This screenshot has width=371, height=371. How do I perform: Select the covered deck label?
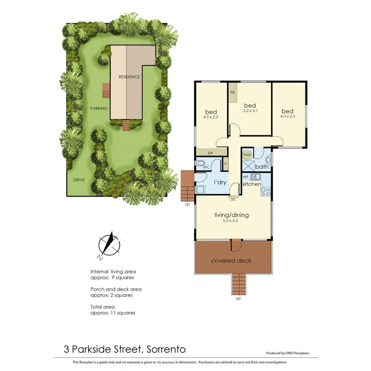point(231,261)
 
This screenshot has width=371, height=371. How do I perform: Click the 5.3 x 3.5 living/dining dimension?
point(231,221)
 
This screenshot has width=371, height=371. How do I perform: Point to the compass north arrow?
point(109,244)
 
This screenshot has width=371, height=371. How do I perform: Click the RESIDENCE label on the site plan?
point(129,77)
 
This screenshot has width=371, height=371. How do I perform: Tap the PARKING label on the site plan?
point(99,108)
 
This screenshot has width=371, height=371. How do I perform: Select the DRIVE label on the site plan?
point(79,180)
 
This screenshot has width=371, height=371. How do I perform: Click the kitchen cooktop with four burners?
point(266,191)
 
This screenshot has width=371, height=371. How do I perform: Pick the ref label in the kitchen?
point(246,177)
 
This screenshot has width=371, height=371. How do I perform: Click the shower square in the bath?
point(248,166)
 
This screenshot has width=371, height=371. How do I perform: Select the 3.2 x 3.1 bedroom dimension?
point(250,110)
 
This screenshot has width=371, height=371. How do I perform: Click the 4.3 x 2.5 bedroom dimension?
point(287,117)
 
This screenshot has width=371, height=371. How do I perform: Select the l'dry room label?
point(219,182)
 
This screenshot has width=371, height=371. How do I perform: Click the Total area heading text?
point(103,307)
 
